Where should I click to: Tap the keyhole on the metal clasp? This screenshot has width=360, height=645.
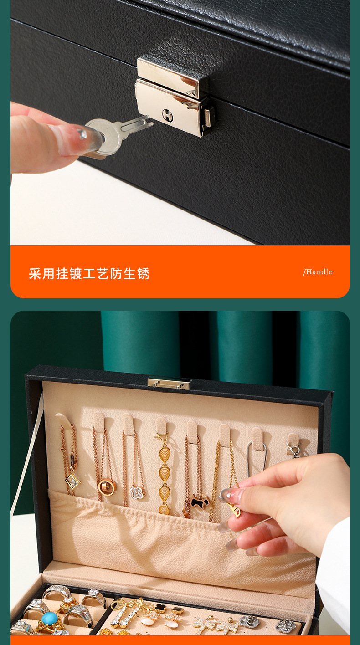pyautogui.click(x=167, y=115)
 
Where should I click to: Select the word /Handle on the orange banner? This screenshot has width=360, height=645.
pyautogui.click(x=318, y=272)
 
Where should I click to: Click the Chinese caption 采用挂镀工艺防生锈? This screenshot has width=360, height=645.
pyautogui.click(x=89, y=274)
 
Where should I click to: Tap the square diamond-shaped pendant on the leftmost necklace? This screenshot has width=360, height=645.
pyautogui.click(x=73, y=481)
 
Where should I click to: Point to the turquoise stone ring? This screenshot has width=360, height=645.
pyautogui.click(x=50, y=619)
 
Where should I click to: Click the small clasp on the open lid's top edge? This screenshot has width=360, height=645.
pyautogui.click(x=169, y=384)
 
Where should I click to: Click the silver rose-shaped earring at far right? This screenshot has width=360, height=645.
pyautogui.click(x=286, y=625)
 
